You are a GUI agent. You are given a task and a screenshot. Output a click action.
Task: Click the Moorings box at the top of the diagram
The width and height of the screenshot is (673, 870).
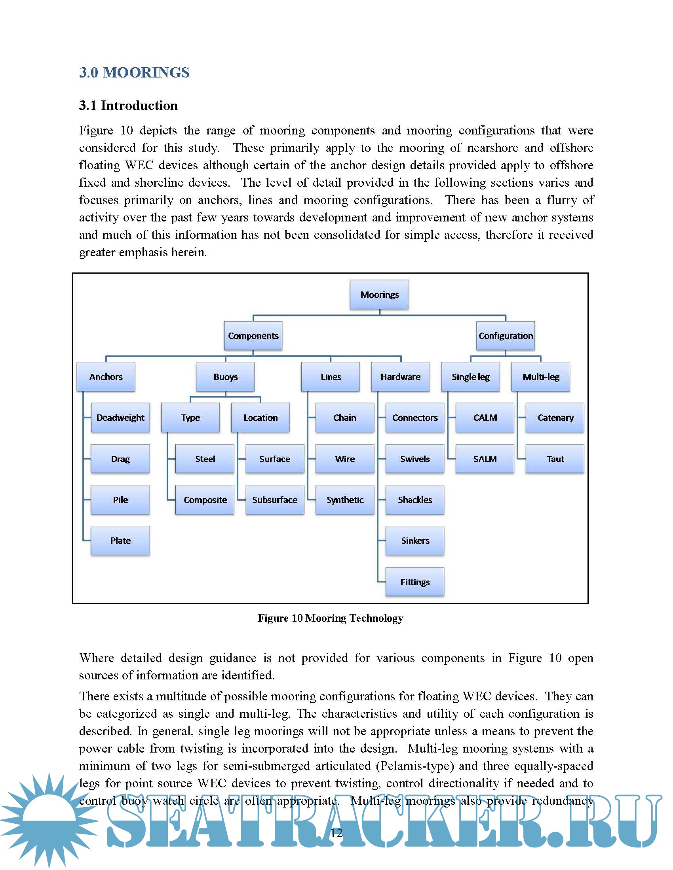click(x=379, y=294)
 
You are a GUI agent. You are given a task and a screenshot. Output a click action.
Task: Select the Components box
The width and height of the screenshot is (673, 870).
click(x=253, y=336)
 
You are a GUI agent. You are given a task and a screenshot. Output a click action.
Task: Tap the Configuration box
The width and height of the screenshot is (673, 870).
click(x=506, y=336)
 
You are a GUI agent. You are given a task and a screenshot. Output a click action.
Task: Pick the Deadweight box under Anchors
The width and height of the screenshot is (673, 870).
click(x=120, y=418)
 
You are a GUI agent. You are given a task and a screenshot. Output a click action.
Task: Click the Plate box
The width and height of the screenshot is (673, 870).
click(x=120, y=541)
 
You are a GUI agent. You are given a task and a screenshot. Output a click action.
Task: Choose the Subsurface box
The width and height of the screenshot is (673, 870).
click(x=275, y=499)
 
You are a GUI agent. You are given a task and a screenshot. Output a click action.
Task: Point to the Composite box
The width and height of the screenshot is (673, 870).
click(x=205, y=499)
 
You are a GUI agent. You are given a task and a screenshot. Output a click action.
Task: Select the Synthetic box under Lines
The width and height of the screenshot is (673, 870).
click(x=345, y=499)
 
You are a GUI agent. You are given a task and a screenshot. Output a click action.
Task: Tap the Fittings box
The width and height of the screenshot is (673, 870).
click(x=415, y=582)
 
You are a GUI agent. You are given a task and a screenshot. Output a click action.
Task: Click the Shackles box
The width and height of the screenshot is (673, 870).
click(x=415, y=499)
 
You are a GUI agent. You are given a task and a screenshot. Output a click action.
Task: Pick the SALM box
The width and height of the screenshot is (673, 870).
click(x=485, y=459)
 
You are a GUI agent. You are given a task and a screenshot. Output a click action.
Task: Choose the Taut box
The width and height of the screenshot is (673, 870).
click(x=555, y=459)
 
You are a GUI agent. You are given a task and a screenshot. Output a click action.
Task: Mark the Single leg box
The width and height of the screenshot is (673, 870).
click(x=470, y=377)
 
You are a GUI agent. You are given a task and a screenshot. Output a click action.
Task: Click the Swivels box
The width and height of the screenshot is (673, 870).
click(x=415, y=459)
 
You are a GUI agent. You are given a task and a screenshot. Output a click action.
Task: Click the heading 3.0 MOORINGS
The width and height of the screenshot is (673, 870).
click(x=134, y=72)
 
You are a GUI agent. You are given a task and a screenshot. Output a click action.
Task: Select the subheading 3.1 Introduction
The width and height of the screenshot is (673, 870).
click(x=128, y=106)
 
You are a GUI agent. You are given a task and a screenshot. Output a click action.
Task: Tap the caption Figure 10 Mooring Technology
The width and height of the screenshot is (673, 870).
click(x=331, y=618)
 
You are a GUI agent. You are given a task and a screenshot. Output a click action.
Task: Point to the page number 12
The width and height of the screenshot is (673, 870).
click(x=336, y=833)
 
